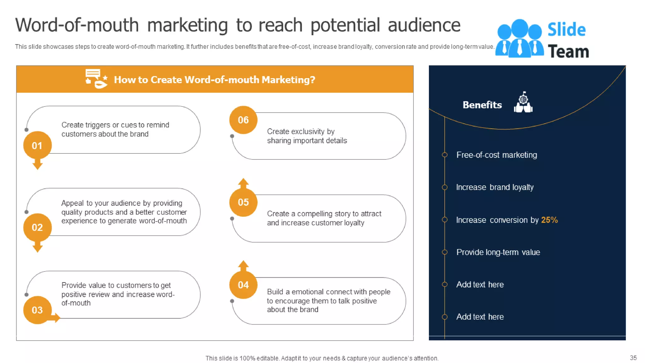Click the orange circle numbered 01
click(x=37, y=145)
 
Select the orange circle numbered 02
click(x=37, y=227)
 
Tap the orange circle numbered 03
click(x=37, y=310)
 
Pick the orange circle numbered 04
click(x=243, y=285)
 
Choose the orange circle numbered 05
click(x=243, y=202)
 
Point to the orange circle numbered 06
click(x=243, y=120)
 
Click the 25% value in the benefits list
click(x=549, y=220)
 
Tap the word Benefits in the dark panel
click(x=482, y=105)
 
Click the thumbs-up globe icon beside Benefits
click(x=523, y=102)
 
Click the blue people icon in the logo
click(x=519, y=38)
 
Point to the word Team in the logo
click(x=568, y=51)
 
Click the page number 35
click(x=633, y=358)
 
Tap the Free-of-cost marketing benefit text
click(x=496, y=155)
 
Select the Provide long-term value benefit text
click(x=498, y=252)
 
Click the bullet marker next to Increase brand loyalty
click(x=444, y=187)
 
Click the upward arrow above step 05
click(x=243, y=183)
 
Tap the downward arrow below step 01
click(x=37, y=164)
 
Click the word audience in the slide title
click(x=424, y=25)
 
